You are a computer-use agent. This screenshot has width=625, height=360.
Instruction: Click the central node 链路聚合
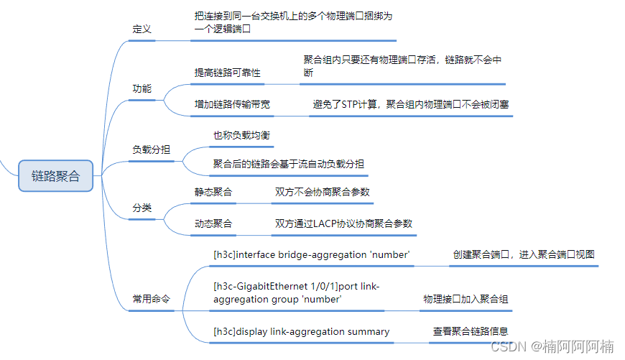56,176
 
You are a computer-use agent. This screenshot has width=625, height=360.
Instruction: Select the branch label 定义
142,29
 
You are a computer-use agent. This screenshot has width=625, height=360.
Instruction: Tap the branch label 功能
142,88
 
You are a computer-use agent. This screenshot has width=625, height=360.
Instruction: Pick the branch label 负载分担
152,149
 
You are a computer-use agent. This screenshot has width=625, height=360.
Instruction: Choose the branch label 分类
142,208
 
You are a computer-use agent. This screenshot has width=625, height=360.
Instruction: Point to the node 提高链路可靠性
228,73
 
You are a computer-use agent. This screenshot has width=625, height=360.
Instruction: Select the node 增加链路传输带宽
233,104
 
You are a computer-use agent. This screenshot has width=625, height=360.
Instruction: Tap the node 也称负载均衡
242,134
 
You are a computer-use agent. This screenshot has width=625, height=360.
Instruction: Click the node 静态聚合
213,192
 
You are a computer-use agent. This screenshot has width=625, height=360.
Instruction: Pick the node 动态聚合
213,223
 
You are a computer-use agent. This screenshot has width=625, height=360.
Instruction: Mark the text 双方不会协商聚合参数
323,192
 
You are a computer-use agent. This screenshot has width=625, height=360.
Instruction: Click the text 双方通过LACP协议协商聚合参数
343,223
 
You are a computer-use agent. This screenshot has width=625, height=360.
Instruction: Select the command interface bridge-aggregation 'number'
312,254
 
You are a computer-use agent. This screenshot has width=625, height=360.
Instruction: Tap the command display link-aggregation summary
302,331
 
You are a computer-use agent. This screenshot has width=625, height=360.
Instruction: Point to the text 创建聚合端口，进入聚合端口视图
524,254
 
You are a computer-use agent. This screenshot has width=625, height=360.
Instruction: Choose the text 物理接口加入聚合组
466,299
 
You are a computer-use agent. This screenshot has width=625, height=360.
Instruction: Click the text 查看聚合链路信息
471,331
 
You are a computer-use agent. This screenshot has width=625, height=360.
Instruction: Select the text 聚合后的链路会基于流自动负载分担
288,164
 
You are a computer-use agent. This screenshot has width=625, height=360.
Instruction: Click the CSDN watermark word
507,346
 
